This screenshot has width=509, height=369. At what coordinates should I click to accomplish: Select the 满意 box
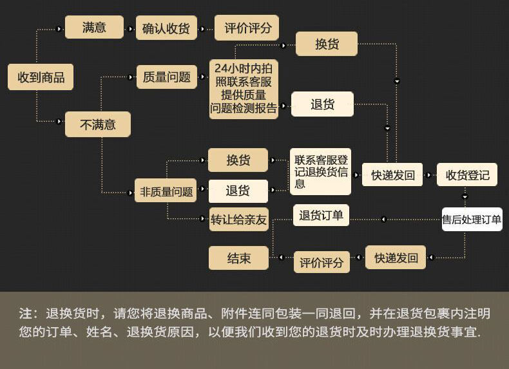94,28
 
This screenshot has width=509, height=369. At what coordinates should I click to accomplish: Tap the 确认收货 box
166,28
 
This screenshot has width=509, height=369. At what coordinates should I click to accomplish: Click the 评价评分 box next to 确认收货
247,28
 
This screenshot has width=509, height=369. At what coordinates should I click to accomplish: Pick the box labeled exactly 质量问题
167,77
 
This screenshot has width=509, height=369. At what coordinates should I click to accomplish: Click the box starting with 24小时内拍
244,89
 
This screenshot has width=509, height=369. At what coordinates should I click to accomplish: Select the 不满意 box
97,124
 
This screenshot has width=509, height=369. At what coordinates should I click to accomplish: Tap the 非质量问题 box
166,191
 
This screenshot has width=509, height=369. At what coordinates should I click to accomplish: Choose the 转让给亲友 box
238,220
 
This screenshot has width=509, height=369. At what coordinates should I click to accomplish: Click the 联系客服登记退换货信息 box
320,171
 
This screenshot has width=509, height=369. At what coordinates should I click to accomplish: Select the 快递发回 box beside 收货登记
392,175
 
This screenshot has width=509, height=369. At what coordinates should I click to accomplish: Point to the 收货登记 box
467,175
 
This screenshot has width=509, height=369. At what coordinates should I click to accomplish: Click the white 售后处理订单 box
472,220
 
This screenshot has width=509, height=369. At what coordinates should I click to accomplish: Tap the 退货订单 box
321,216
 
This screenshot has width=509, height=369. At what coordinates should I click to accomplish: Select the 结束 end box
238,258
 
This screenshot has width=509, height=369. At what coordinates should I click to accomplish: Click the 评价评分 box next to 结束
322,262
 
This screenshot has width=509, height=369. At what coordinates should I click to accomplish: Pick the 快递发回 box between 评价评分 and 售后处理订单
396,258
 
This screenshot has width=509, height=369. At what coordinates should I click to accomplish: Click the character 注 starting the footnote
25,314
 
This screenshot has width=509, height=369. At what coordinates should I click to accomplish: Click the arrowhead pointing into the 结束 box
280,258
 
